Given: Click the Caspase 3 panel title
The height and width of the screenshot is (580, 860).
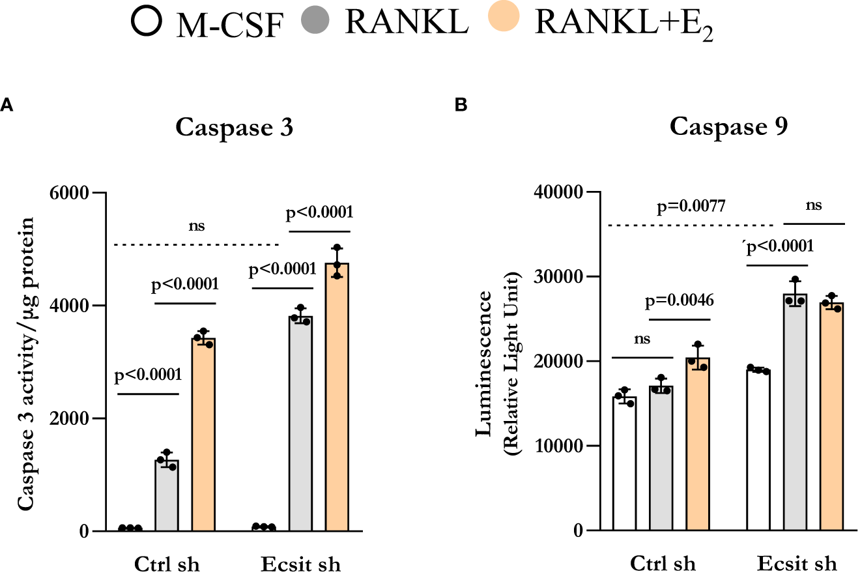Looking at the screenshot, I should pyautogui.click(x=234, y=127).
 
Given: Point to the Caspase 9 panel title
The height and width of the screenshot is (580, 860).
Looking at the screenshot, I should pyautogui.click(x=729, y=126).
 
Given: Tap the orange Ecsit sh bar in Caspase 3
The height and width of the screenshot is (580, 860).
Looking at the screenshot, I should pyautogui.click(x=337, y=398).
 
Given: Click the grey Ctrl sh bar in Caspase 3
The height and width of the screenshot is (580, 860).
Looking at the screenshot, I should pyautogui.click(x=166, y=495).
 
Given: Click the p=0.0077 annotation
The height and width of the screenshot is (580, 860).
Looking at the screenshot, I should pyautogui.click(x=693, y=208).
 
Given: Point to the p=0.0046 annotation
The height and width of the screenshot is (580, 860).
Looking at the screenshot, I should pyautogui.click(x=680, y=300).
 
